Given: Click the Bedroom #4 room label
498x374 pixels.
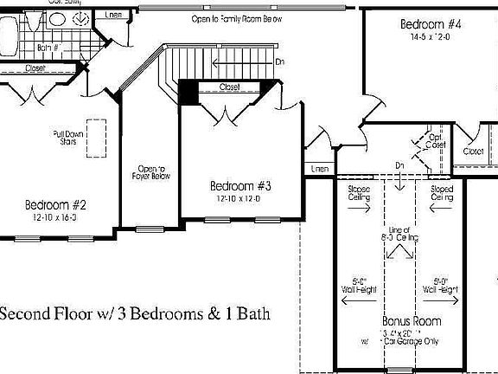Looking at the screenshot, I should [x=430, y=24].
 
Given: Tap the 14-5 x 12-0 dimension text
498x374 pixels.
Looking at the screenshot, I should [x=430, y=38].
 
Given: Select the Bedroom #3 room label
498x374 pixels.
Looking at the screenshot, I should [x=241, y=186].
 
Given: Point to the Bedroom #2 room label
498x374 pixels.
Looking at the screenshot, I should [x=55, y=205].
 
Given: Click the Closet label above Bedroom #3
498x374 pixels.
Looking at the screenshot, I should [x=229, y=87].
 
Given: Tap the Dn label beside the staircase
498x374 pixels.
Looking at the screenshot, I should [x=279, y=62].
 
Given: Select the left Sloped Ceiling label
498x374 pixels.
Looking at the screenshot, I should [x=359, y=193].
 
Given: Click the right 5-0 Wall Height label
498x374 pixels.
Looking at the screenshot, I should [x=440, y=284].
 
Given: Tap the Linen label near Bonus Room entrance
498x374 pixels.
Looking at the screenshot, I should [x=320, y=168].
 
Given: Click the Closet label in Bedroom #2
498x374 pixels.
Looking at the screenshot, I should [x=35, y=68].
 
